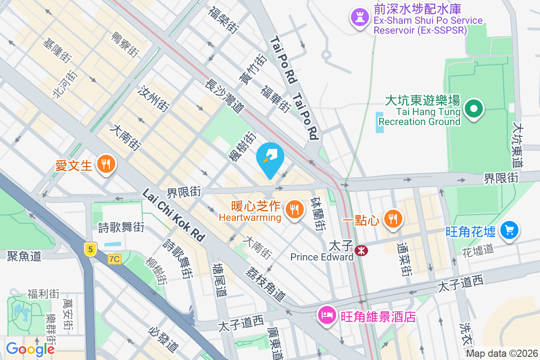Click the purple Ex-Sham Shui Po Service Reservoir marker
(359, 18)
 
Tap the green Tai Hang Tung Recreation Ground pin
(473, 108)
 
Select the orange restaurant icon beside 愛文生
(106, 164)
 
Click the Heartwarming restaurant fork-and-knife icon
(294, 209)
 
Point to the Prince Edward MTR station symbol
(360, 251)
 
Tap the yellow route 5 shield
(90, 248)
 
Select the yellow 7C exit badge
(114, 259)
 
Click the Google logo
(30, 349)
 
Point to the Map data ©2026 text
(501, 354)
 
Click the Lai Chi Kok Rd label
(173, 215)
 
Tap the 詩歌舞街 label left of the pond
(121, 227)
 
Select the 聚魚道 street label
(24, 256)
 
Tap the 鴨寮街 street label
(125, 45)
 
